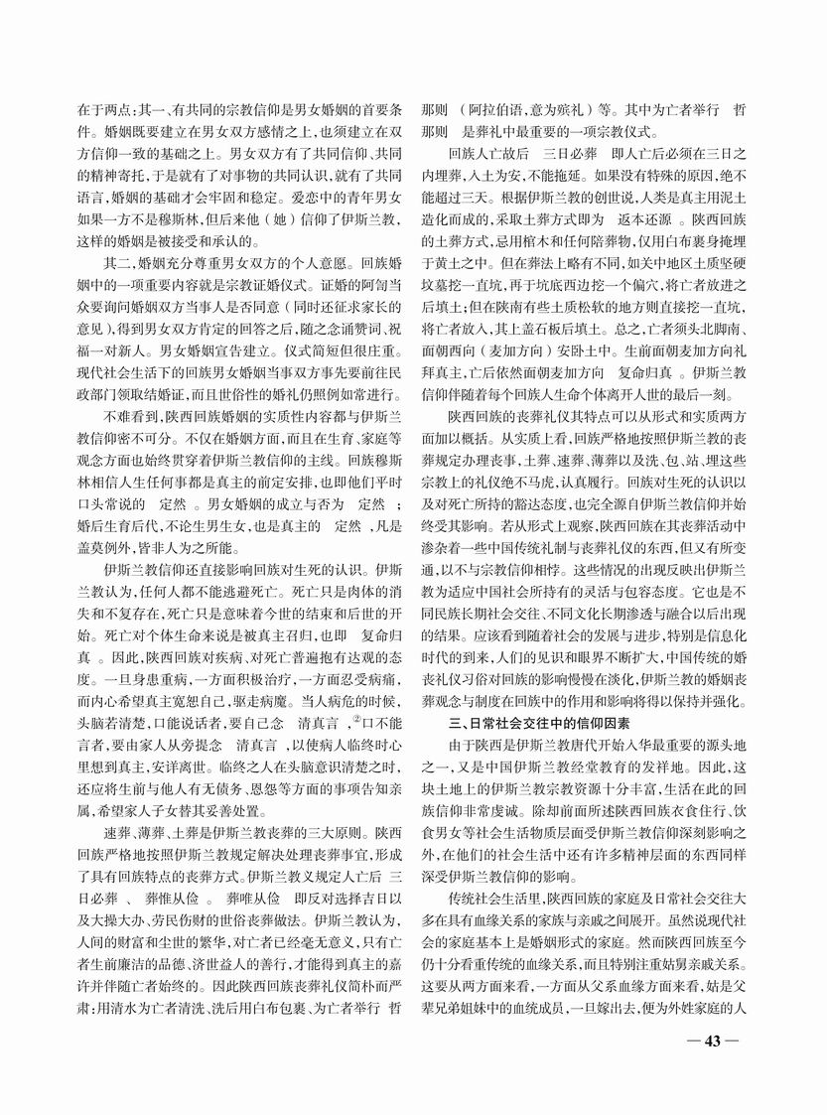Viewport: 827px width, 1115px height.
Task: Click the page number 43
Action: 713,1040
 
